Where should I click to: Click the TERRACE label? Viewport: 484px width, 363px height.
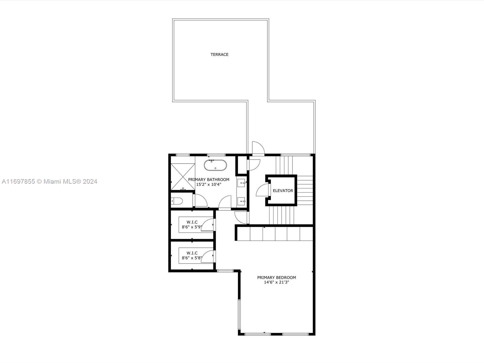[x=219, y=54]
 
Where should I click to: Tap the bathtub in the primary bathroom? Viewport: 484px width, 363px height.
[x=215, y=165]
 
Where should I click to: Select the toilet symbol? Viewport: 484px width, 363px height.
[x=177, y=201]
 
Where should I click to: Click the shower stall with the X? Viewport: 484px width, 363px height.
[x=183, y=177]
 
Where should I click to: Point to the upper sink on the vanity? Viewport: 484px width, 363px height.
[x=241, y=183]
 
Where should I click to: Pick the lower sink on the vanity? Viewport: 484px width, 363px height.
[x=241, y=201]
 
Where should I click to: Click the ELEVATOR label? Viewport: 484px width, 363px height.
[x=283, y=191]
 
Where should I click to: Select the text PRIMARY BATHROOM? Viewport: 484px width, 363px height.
[x=209, y=180]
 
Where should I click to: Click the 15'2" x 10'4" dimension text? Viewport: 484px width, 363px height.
[x=209, y=185]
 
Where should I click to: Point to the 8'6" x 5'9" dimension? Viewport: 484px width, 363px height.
[x=192, y=227]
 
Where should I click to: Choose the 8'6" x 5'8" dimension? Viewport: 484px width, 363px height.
[x=192, y=258]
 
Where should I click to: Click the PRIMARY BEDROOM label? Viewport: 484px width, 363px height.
[x=276, y=277]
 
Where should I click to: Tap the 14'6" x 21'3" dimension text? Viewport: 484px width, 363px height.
[x=276, y=282]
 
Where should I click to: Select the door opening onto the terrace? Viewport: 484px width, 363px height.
[x=258, y=148]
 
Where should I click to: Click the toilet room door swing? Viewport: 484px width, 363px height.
[x=201, y=200]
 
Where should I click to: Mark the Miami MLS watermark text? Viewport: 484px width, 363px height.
[x=49, y=181]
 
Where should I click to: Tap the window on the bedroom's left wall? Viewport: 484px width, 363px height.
[x=239, y=314]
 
